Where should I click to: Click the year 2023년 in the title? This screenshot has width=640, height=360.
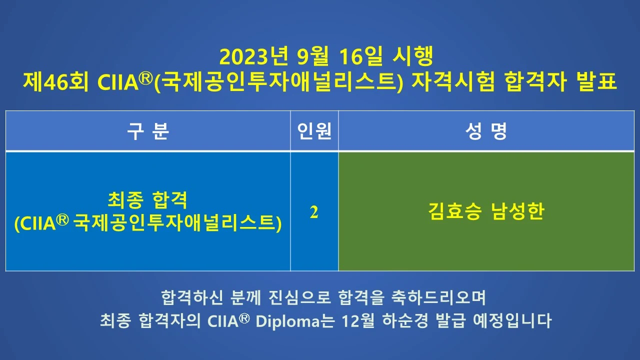tap(254, 56)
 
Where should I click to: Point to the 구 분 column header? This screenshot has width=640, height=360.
tap(148, 131)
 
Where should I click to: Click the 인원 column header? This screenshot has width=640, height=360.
tap(314, 131)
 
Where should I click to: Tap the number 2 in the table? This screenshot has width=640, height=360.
tap(314, 212)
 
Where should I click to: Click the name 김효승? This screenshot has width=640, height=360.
tap(454, 212)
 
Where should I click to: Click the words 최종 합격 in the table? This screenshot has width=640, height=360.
tap(147, 201)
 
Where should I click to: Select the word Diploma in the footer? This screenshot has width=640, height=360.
tap(287, 320)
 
